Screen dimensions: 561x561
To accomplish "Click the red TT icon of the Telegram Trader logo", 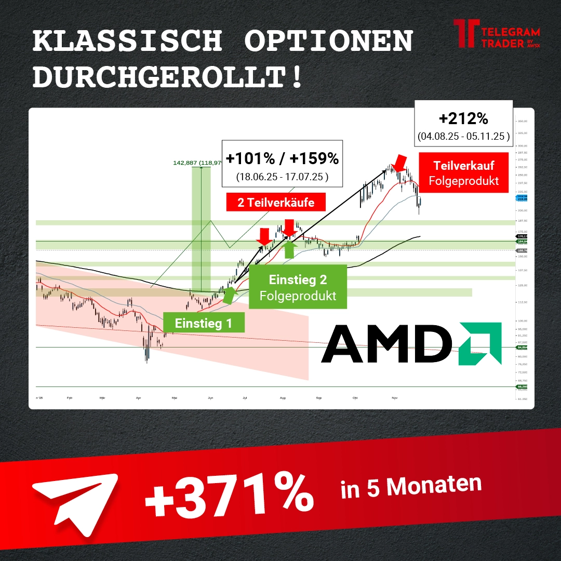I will [465, 34].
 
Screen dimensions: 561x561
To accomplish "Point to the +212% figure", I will [463, 119].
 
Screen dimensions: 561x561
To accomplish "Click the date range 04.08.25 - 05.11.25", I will [463, 138].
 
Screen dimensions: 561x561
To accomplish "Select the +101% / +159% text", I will [282, 158].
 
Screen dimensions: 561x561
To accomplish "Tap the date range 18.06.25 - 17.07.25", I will [282, 177].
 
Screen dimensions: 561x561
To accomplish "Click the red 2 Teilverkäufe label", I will [276, 203].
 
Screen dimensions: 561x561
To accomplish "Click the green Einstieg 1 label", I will [203, 323].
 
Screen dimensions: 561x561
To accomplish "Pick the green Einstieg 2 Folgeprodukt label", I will [298, 287].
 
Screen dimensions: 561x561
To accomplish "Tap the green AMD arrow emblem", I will [480, 343].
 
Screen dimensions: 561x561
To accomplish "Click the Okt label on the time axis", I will [355, 398].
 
